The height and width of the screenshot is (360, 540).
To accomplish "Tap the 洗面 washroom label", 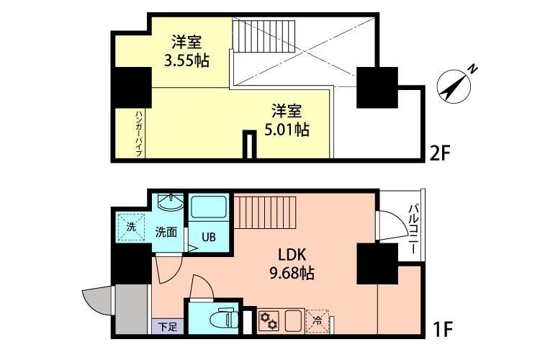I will click(x=166, y=231).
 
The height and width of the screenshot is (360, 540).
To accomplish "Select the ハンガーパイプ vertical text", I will click(x=139, y=133).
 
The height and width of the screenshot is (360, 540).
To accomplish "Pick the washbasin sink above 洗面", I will click(x=170, y=203).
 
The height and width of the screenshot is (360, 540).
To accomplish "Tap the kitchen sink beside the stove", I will click(x=294, y=320).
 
